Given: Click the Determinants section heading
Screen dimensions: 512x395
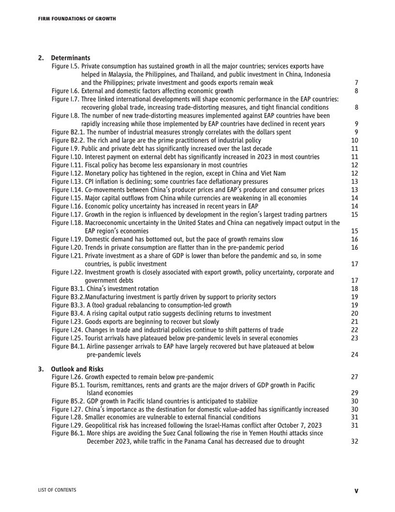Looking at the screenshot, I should click(71, 58).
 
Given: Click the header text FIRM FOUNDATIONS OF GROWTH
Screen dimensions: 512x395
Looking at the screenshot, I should click(77, 19).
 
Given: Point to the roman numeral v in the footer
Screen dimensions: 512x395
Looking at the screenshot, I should click(356, 491).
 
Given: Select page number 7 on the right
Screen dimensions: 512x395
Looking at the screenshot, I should click(356, 83).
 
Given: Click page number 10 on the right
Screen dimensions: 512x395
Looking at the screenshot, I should click(354, 140).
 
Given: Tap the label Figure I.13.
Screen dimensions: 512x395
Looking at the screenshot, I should click(65, 181).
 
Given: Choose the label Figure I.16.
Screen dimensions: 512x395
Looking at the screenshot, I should click(65, 206).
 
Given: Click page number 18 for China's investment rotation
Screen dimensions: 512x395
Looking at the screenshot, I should click(354, 289).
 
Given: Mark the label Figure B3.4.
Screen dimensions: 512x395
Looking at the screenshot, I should click(66, 313).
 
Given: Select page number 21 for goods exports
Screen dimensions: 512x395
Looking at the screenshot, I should click(354, 322).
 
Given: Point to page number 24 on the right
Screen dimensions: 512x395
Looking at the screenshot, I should click(354, 355).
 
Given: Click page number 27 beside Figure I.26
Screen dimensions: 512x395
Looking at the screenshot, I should click(354, 377).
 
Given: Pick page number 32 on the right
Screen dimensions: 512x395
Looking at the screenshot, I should click(354, 441).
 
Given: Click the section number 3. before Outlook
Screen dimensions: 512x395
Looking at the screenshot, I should click(41, 369).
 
